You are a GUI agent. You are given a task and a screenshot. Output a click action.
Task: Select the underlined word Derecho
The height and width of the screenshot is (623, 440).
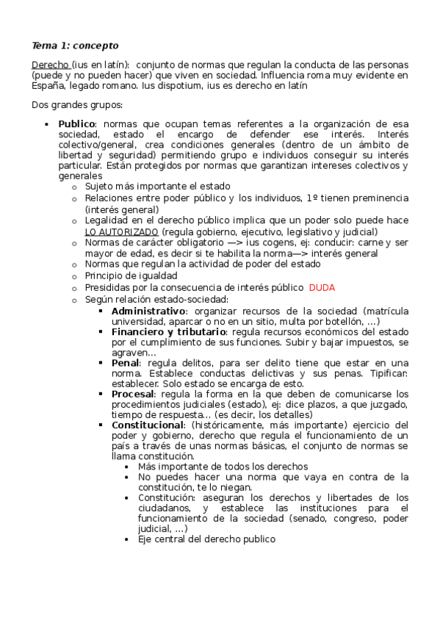click(x=50, y=65)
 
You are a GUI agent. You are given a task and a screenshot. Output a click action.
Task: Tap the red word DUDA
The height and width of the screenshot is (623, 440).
click(x=322, y=287)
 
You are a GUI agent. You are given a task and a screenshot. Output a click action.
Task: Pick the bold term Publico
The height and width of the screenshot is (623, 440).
click(x=76, y=124)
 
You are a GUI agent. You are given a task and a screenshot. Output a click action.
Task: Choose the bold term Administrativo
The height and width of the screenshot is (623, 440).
click(x=148, y=310)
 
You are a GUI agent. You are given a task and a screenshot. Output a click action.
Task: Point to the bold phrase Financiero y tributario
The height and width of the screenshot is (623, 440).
click(x=169, y=331)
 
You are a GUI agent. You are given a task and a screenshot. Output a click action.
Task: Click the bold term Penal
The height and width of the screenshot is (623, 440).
click(x=127, y=362)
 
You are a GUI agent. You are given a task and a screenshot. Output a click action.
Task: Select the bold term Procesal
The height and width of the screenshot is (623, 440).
click(x=132, y=394)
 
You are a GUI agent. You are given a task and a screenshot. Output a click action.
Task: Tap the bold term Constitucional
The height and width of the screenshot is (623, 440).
click(x=147, y=425)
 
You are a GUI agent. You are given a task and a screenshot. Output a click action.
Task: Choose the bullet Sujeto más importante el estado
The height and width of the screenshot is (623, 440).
click(x=157, y=187)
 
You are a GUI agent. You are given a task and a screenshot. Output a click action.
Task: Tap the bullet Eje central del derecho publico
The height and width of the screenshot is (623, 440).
click(x=206, y=539)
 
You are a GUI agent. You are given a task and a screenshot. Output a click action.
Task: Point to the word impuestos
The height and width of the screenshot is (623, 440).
click(x=358, y=342)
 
